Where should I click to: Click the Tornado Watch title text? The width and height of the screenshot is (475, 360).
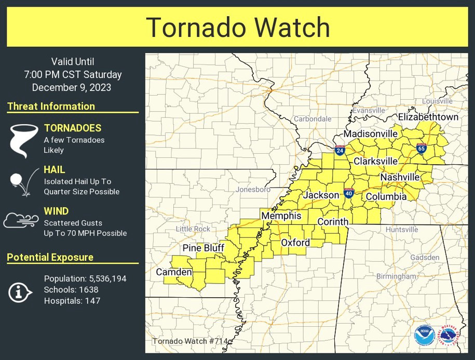tap(237, 27)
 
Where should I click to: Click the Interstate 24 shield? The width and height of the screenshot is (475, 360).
tap(340, 151)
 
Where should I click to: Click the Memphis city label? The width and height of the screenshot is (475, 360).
tap(281, 216)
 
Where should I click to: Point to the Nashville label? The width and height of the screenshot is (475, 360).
tap(400, 177)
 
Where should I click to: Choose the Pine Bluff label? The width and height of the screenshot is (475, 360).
tap(203, 248)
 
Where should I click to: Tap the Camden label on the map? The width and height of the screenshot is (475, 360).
tap(174, 272)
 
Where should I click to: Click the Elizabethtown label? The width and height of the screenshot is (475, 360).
tap(428, 117)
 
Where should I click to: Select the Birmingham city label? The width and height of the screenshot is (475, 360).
tap(396, 276)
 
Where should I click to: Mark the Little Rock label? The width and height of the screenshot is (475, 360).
tap(193, 229)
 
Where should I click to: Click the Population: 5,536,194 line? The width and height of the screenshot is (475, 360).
tap(85, 278)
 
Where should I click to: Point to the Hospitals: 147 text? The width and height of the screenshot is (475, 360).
tap(72, 300)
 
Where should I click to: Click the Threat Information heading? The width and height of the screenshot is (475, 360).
tap(51, 106)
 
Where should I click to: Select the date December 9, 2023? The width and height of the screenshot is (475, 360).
tap(72, 87)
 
